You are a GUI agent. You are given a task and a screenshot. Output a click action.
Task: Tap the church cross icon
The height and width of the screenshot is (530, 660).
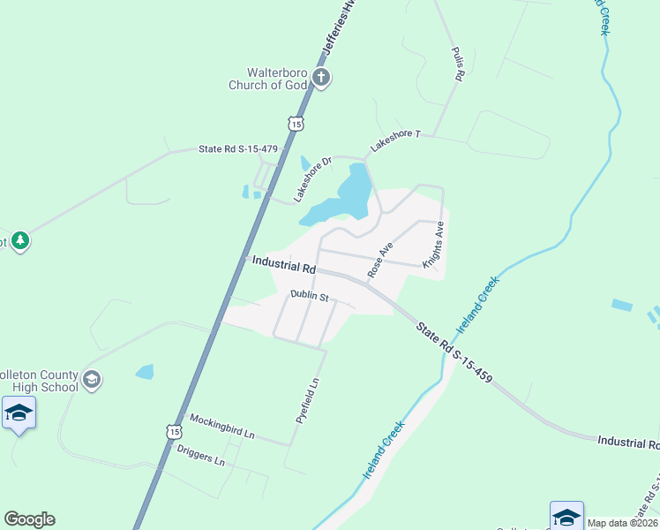click(321, 79)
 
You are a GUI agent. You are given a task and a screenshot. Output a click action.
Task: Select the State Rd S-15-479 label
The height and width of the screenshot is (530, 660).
click(238, 149)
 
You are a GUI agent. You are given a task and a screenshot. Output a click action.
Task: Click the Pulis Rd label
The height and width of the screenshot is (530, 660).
click(457, 64)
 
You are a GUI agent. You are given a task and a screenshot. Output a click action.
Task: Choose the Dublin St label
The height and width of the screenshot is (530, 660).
click(309, 298)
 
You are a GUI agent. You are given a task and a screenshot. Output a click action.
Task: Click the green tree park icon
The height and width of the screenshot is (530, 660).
click(20, 240)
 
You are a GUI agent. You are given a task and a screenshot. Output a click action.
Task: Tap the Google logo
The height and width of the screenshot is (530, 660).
click(29, 519)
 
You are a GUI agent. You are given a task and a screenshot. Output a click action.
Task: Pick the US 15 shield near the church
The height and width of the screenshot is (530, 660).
click(297, 125)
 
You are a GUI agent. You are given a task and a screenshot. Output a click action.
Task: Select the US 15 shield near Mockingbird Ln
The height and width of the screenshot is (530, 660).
click(175, 430)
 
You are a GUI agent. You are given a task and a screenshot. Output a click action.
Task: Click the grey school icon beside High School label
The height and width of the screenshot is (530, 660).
click(91, 380)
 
